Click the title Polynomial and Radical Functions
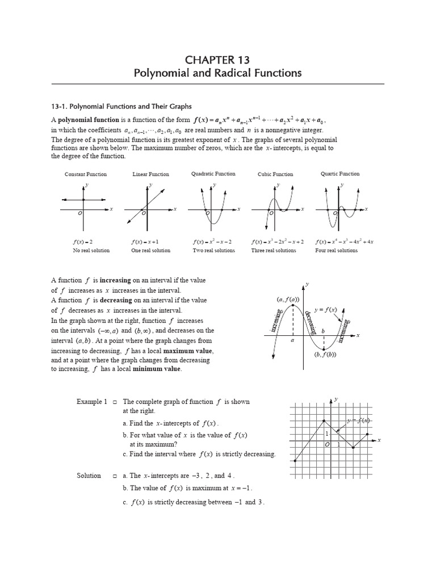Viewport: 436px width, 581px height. point(217,74)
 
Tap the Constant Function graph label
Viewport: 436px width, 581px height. point(86,174)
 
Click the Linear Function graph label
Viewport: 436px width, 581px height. point(150,174)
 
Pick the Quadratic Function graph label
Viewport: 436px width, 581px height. point(213,174)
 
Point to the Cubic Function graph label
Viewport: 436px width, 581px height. point(275,174)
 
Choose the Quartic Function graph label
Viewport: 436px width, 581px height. point(340,174)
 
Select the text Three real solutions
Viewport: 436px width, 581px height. point(274,250)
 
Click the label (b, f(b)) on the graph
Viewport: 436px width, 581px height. point(325,355)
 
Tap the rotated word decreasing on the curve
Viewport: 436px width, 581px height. point(307,322)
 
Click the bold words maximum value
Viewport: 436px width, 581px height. point(193,351)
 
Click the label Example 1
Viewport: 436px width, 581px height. point(92,402)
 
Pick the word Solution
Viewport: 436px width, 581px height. point(89,475)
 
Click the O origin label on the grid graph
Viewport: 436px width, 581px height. point(328,445)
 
